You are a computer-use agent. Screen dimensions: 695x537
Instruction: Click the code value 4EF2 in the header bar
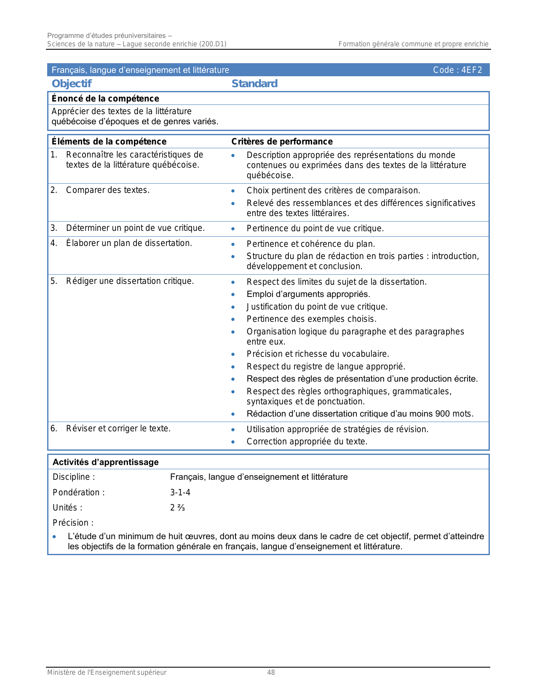click(471, 70)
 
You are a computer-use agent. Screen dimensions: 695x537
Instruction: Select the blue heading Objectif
click(72, 83)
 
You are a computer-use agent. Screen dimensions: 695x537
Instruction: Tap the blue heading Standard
click(254, 83)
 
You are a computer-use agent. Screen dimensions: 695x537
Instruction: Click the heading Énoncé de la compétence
click(105, 99)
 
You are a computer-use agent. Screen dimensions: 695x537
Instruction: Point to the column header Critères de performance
click(282, 142)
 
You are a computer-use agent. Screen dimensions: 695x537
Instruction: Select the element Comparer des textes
click(108, 190)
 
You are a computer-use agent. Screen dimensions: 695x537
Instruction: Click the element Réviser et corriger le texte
click(118, 429)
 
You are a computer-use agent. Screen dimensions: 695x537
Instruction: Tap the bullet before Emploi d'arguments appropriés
click(233, 294)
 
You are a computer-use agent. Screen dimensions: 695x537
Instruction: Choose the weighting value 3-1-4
click(180, 492)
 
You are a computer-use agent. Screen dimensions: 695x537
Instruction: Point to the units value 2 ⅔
click(177, 508)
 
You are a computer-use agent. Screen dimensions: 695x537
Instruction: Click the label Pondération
click(78, 492)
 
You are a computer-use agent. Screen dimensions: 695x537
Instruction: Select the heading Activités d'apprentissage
click(106, 462)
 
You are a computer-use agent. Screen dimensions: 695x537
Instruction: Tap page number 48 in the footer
click(271, 673)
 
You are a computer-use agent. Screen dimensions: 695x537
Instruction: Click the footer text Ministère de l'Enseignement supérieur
click(107, 673)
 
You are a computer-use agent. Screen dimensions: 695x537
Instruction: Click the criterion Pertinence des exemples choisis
click(312, 319)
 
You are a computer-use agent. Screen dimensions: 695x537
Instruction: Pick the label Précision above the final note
click(72, 523)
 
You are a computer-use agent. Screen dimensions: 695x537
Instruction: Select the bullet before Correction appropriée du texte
click(233, 442)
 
